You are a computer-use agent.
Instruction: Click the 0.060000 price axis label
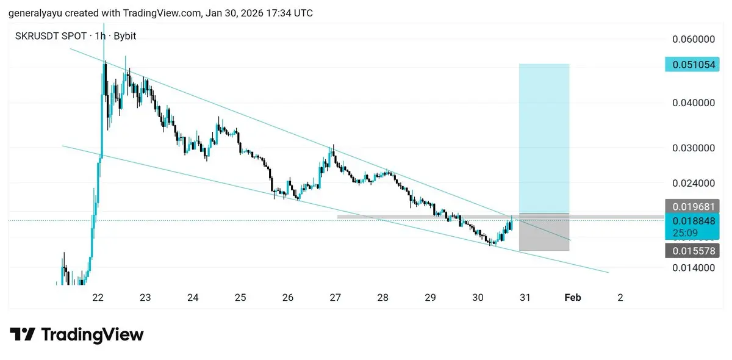693,40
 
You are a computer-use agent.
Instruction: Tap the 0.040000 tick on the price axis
693,103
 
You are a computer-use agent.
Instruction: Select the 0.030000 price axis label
693,148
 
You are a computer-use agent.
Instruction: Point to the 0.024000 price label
693,182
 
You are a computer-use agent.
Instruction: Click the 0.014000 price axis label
693,267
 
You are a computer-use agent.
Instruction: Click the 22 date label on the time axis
98,298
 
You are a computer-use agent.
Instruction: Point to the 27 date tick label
335,298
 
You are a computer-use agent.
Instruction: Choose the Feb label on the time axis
572,298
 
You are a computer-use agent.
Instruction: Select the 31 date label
525,298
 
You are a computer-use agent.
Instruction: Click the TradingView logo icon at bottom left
22,334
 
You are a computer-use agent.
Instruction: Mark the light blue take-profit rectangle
544,137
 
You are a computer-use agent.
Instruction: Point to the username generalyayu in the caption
34,12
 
